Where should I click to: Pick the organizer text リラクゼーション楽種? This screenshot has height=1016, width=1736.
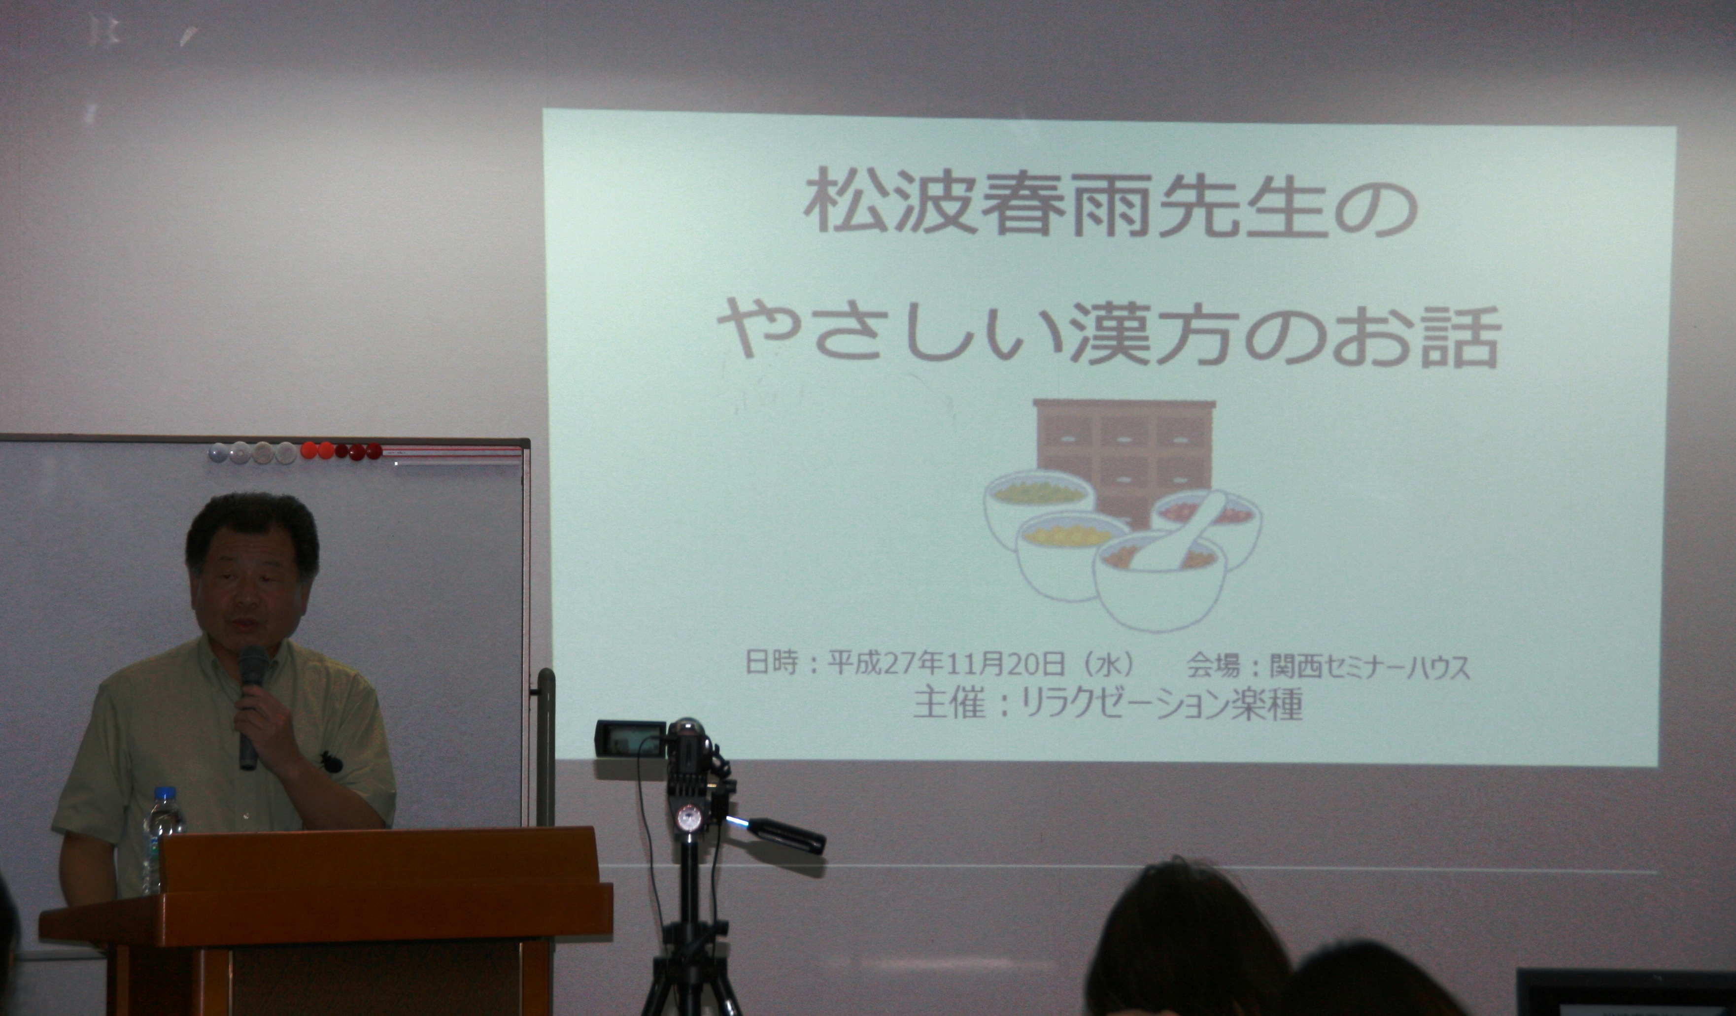tap(1161, 704)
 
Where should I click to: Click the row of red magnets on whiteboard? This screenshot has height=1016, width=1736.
tap(341, 451)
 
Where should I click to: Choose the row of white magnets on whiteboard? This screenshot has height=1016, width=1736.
tap(252, 452)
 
